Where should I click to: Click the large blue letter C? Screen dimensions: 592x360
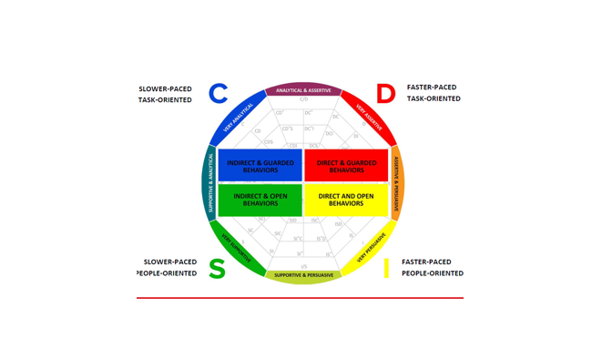click(x=218, y=93)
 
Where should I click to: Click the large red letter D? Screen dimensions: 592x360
click(x=385, y=94)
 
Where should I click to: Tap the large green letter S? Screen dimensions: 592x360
click(x=217, y=269)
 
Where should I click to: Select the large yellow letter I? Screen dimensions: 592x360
click(x=386, y=269)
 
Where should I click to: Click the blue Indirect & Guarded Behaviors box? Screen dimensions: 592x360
click(x=260, y=165)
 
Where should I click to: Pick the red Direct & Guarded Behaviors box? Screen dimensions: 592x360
click(x=346, y=165)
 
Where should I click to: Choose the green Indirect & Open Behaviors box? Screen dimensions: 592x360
click(x=260, y=200)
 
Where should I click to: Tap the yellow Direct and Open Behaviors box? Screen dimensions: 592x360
click(x=346, y=200)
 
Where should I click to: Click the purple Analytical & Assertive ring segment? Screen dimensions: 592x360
click(x=303, y=89)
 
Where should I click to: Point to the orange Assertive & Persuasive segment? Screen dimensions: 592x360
click(x=396, y=182)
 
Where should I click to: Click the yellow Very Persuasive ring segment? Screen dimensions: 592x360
click(x=371, y=247)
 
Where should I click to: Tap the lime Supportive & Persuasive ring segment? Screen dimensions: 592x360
click(x=303, y=275)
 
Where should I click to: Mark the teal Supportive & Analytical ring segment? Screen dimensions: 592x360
click(x=210, y=182)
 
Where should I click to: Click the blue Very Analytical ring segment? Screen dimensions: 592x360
click(x=235, y=118)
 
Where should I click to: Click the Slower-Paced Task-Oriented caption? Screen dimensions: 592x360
click(x=165, y=94)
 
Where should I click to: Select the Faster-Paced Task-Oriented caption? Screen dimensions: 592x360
click(x=432, y=93)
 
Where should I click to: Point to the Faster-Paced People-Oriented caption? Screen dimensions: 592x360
click(x=432, y=267)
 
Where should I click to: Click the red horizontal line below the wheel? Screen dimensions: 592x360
click(x=300, y=298)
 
